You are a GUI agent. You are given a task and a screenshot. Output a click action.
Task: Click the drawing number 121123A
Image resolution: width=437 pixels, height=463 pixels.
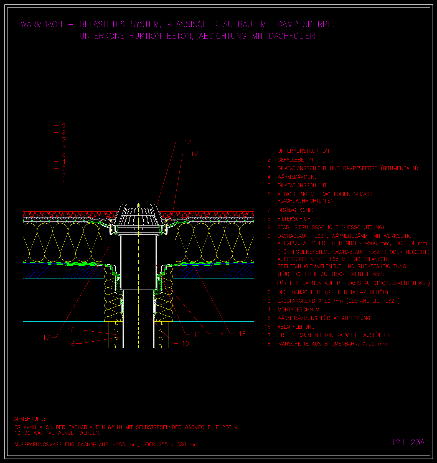point(408,442)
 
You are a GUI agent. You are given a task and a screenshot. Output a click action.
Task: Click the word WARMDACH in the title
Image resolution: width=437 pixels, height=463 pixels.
point(42,24)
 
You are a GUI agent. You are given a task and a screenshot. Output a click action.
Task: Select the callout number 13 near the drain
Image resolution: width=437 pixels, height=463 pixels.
point(188,142)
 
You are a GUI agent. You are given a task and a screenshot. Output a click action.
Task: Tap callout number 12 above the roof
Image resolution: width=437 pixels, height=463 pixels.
point(194,154)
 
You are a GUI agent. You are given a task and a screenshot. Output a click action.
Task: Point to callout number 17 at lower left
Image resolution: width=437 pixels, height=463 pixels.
point(47,337)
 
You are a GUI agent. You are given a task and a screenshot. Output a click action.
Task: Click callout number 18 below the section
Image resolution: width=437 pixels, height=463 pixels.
point(242,334)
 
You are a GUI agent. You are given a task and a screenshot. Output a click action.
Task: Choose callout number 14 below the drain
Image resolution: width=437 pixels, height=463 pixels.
point(221,334)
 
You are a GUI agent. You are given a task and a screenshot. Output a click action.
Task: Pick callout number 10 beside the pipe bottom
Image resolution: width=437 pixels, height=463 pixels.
point(186,344)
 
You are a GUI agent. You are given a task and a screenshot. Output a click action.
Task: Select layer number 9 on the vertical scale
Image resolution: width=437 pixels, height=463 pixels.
point(64,126)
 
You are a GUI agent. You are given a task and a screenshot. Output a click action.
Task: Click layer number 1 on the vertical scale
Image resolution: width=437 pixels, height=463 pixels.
point(64,183)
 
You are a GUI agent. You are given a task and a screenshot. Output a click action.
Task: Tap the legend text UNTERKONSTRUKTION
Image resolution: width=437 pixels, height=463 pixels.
point(303,151)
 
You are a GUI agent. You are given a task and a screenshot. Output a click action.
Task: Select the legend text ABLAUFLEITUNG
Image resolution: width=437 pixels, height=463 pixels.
point(296,327)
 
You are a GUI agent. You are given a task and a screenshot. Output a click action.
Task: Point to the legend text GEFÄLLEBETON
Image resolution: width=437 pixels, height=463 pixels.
point(295,160)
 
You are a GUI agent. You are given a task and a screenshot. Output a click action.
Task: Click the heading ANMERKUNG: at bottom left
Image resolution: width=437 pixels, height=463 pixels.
point(30,419)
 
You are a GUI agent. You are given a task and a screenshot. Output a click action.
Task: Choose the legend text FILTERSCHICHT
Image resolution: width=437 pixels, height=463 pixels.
point(295,219)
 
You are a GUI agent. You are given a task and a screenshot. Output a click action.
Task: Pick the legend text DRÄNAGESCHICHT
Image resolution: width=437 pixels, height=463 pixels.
point(298,210)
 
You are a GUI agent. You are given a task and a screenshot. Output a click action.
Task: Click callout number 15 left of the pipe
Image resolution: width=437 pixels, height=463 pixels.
point(71,330)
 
